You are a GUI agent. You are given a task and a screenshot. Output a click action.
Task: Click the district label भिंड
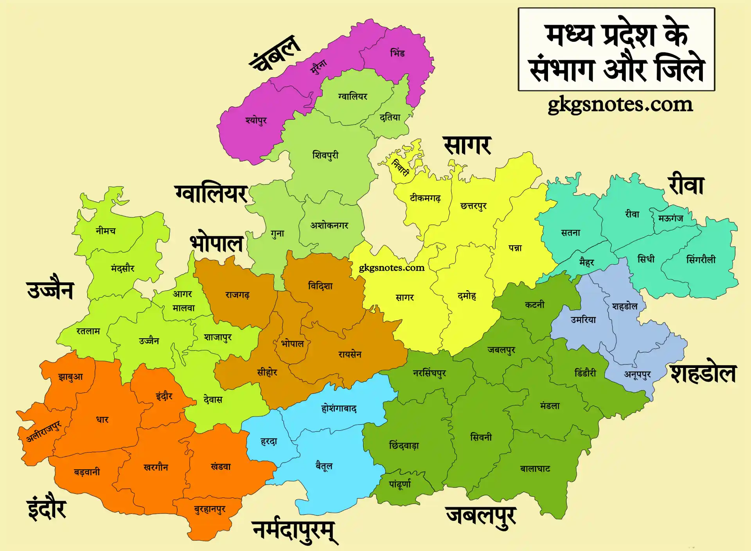pyautogui.click(x=397, y=53)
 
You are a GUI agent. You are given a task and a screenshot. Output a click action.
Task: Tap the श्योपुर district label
pyautogui.click(x=256, y=120)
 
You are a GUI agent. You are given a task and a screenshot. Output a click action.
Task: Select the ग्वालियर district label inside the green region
pyautogui.click(x=352, y=96)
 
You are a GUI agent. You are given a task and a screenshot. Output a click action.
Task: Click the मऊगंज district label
pyautogui.click(x=670, y=218)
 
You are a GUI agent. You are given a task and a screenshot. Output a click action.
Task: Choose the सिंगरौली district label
pyautogui.click(x=701, y=259)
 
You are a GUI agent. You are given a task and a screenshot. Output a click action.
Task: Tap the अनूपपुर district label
pyautogui.click(x=637, y=375)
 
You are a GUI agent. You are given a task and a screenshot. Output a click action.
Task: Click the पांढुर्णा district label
pyautogui.click(x=400, y=484)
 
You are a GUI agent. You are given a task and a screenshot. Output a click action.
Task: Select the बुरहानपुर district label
pyautogui.click(x=210, y=509)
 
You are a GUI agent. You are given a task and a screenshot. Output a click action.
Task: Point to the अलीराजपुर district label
pyautogui.click(x=44, y=432)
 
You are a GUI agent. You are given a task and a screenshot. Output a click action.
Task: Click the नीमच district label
pyautogui.click(x=106, y=231)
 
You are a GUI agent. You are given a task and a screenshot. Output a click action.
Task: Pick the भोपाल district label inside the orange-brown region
pyautogui.click(x=293, y=344)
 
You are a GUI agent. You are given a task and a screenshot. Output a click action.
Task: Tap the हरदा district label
pyautogui.click(x=269, y=442)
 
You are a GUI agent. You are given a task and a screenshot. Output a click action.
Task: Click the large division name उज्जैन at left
pyautogui.click(x=50, y=291)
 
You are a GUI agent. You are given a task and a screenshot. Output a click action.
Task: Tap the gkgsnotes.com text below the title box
pyautogui.click(x=620, y=104)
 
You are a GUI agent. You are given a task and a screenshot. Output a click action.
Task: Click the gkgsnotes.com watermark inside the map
pyautogui.click(x=392, y=268)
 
